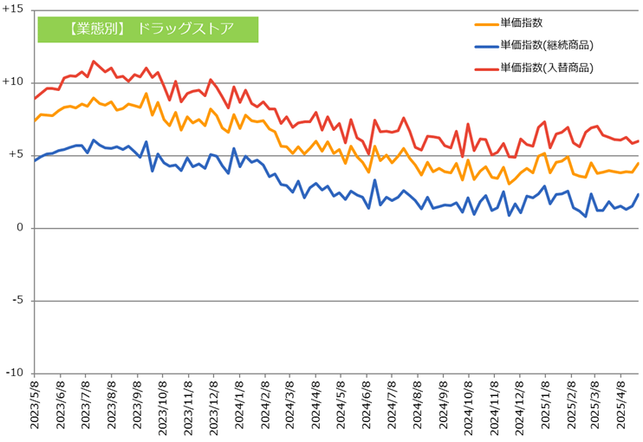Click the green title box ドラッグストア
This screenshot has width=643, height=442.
click(148, 29)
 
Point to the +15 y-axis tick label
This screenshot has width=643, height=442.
click(14, 10)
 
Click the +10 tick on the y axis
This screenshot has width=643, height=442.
click(14, 82)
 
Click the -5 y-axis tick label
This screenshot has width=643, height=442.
click(17, 301)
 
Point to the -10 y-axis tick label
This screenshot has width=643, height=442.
click(14, 373)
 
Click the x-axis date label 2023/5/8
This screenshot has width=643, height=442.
click(36, 406)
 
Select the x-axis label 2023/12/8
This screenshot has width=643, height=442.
click(212, 406)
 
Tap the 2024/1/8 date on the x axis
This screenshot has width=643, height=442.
click(238, 406)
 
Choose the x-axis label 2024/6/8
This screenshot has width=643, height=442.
click(365, 406)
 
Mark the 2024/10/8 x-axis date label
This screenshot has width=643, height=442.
click(467, 406)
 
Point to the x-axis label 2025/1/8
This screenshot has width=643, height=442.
click(543, 406)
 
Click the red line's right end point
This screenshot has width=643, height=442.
click(639, 141)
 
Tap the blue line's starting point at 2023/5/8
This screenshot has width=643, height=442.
click(35, 161)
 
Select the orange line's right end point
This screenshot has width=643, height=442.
click(639, 164)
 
